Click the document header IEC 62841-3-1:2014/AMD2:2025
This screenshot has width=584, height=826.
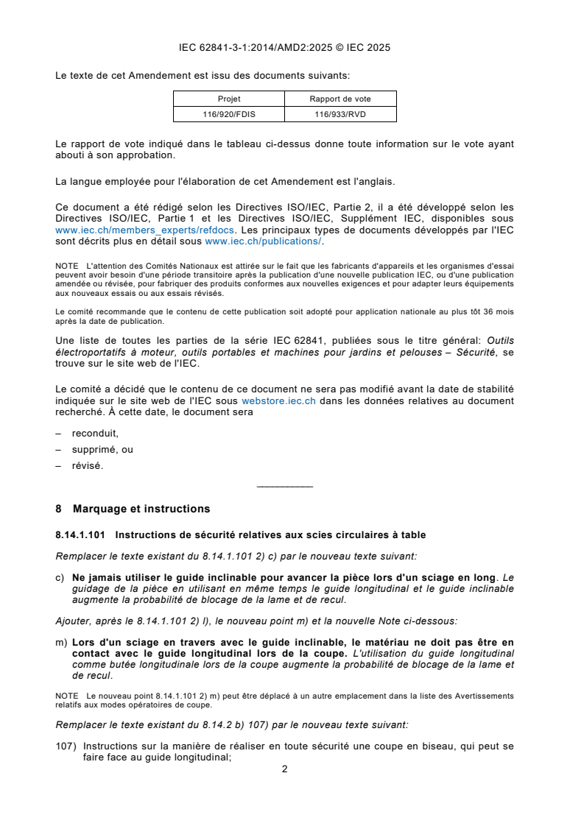click(284, 48)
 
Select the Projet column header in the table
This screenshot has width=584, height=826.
click(229, 99)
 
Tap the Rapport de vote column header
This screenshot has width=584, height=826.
click(340, 99)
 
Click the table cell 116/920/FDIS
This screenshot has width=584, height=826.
click(229, 114)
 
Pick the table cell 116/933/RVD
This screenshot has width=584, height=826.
click(340, 114)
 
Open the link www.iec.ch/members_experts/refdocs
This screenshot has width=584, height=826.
click(123, 230)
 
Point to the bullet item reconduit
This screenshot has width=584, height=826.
click(95, 433)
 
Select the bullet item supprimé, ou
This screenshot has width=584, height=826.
click(102, 449)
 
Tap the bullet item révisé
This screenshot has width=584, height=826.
click(88, 465)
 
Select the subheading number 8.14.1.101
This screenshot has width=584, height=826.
click(80, 535)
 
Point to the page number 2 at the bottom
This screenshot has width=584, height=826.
click(284, 769)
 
